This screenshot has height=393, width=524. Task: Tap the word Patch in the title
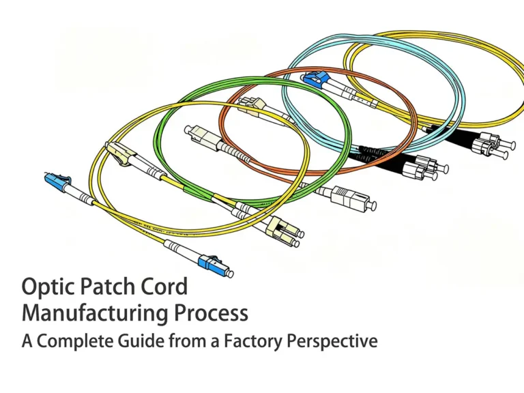pyautogui.click(x=113, y=287)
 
